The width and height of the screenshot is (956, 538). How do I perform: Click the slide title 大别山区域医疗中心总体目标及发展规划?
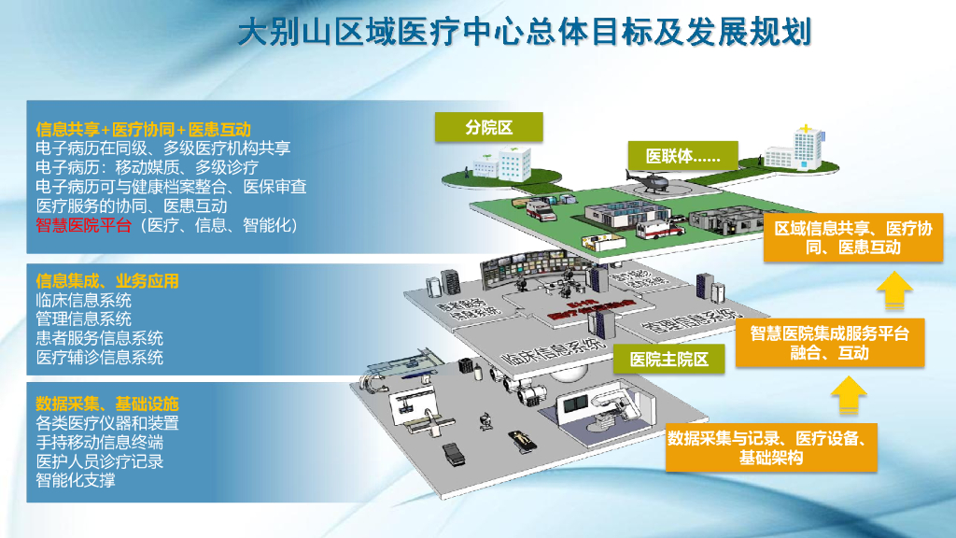coord(524,35)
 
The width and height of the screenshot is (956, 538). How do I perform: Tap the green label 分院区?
coord(489,127)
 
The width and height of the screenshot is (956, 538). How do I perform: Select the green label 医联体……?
coord(684,156)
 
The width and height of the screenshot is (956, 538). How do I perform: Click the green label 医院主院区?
coord(668,359)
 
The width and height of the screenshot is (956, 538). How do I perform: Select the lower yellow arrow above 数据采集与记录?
coord(848,396)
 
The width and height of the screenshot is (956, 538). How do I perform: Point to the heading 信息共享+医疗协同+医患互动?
coord(144,129)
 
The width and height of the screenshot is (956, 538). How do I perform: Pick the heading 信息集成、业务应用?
coord(106,281)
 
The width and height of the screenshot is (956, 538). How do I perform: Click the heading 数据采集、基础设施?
coord(106,403)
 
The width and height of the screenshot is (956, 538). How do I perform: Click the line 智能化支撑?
coord(76,480)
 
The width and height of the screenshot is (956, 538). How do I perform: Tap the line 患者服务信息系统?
coord(99,338)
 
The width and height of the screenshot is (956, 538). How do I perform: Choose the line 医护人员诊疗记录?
coord(99,461)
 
